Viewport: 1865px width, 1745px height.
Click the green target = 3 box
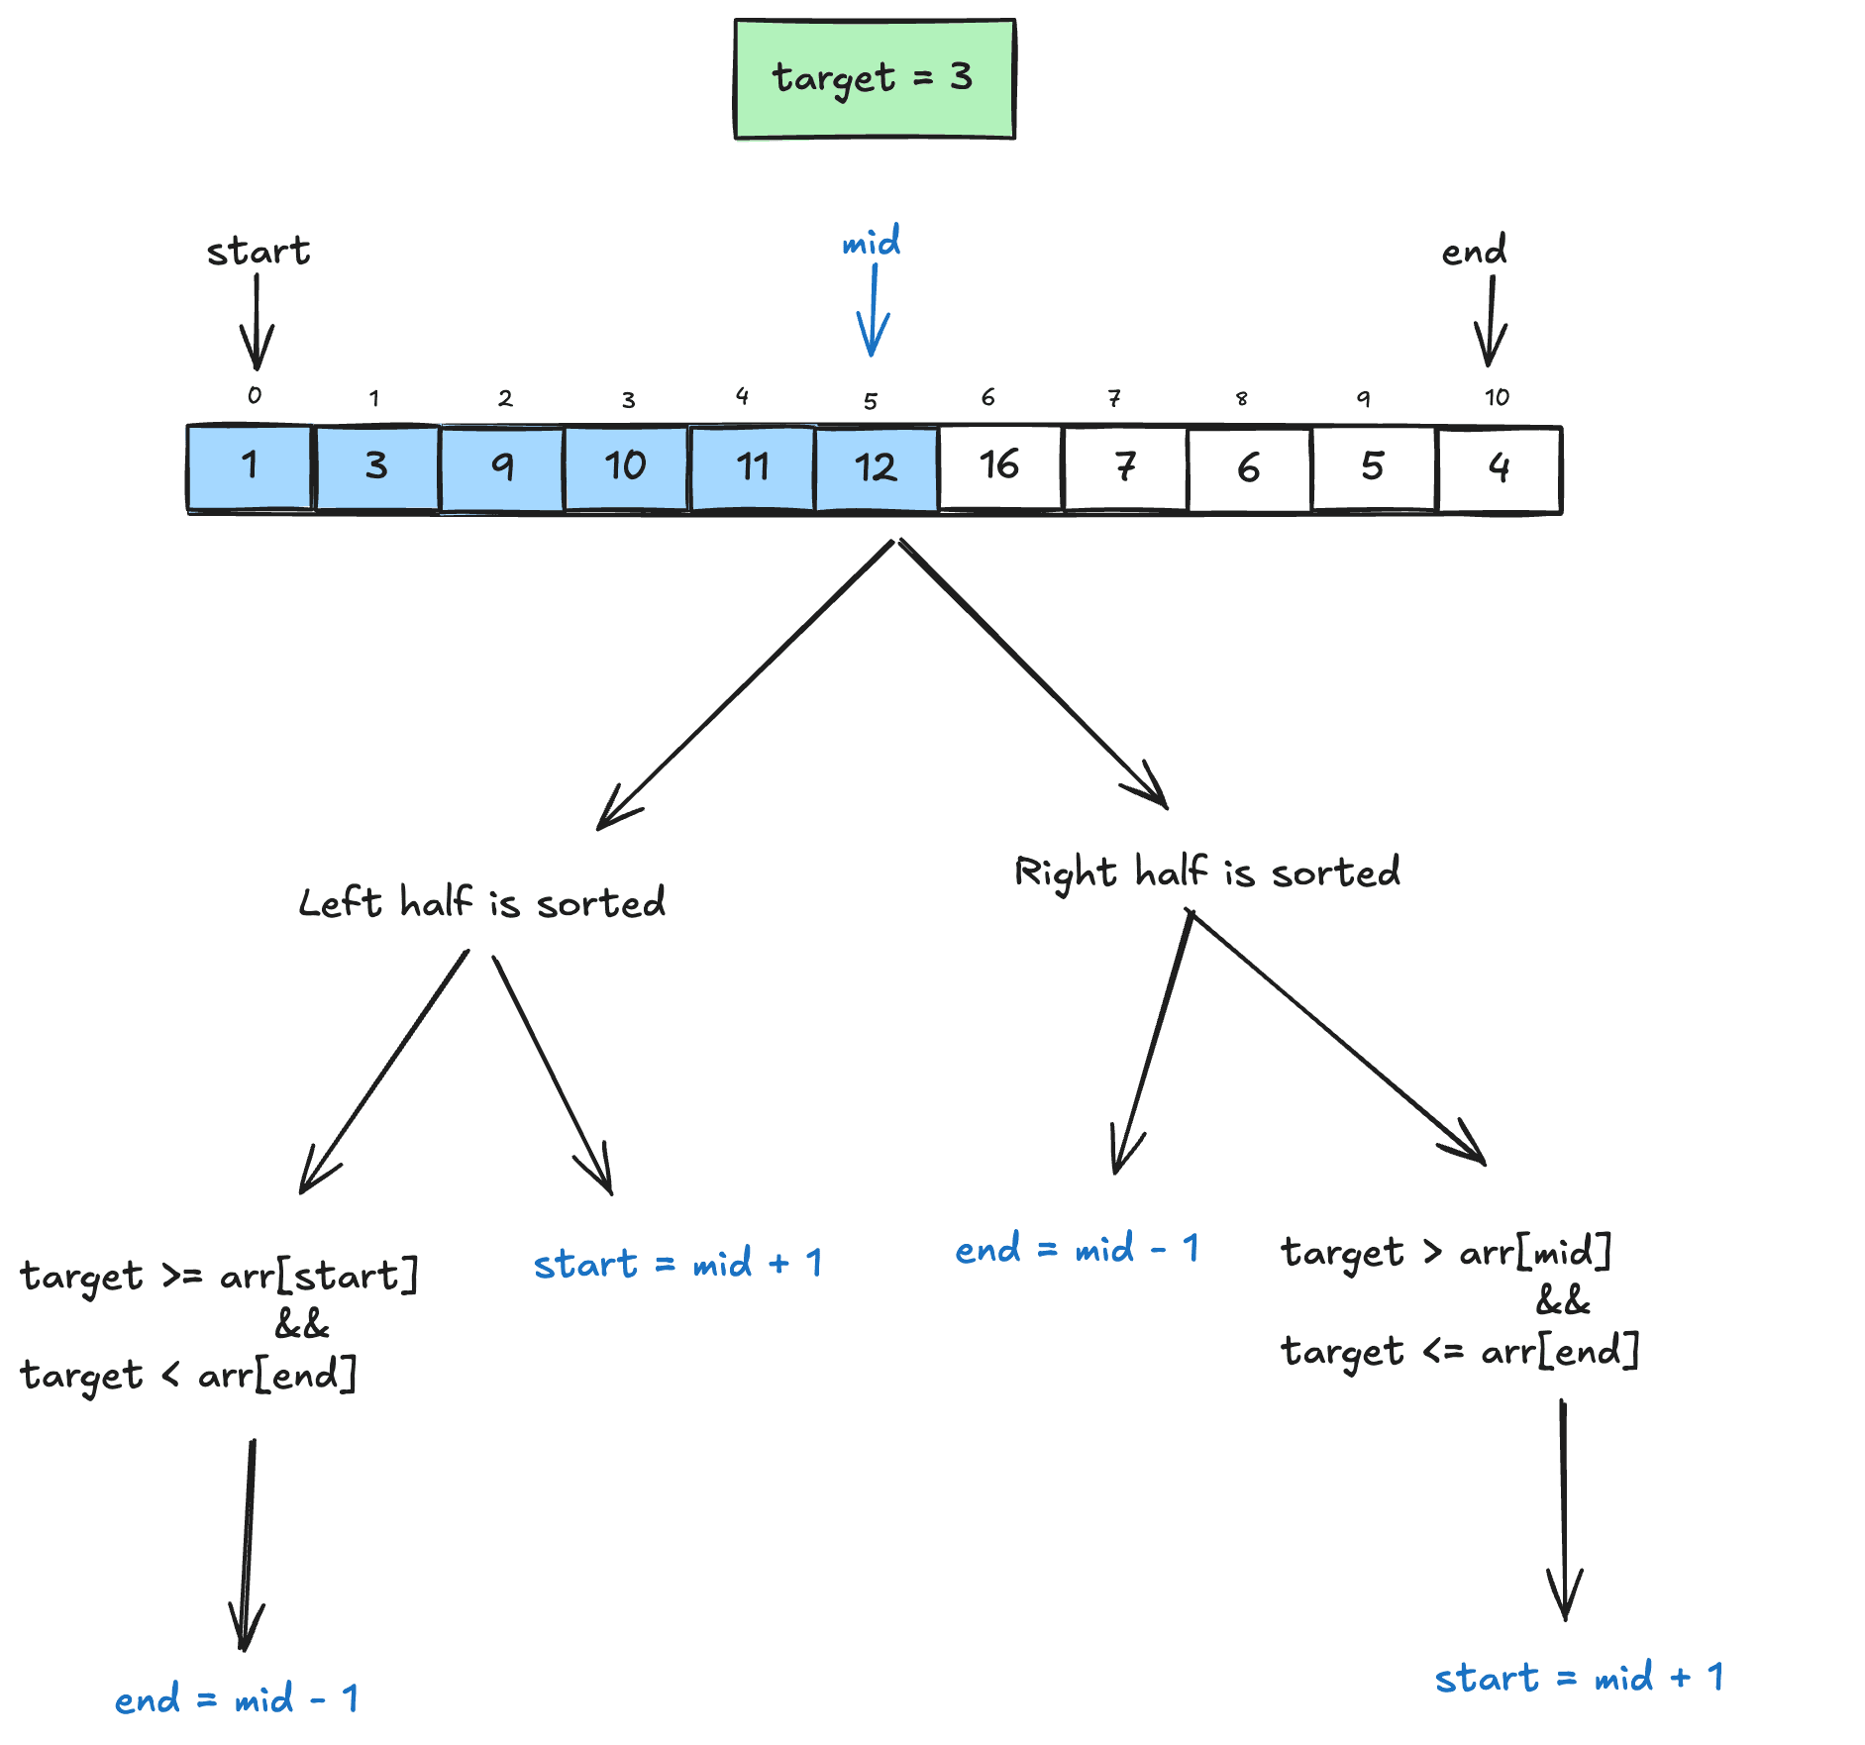tap(875, 78)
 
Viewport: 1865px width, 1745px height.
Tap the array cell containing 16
tap(1000, 467)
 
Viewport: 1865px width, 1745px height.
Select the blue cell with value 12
tap(877, 468)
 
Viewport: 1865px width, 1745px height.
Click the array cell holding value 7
tap(1125, 468)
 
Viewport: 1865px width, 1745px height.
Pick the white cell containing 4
tap(1499, 468)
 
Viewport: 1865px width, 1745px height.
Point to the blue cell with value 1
tap(250, 467)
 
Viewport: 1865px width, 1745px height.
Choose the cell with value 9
tap(503, 467)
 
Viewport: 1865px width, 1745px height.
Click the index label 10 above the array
tap(1497, 398)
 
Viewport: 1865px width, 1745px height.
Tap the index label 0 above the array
tap(255, 395)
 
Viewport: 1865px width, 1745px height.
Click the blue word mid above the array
tap(872, 242)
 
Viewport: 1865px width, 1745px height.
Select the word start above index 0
tap(258, 252)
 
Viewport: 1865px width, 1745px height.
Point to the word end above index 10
tap(1474, 251)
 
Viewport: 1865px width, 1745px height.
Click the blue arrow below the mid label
tap(873, 312)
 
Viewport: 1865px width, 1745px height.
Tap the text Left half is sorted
tap(482, 902)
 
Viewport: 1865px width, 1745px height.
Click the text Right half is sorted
tap(1207, 872)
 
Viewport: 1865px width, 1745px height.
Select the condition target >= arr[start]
tap(219, 1276)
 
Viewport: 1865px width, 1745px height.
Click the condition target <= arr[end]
tap(1460, 1351)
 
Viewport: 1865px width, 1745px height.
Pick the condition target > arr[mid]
tap(1446, 1253)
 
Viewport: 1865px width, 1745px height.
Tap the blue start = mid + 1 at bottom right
tap(1579, 1678)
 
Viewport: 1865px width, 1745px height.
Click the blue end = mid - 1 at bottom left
tap(236, 1699)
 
